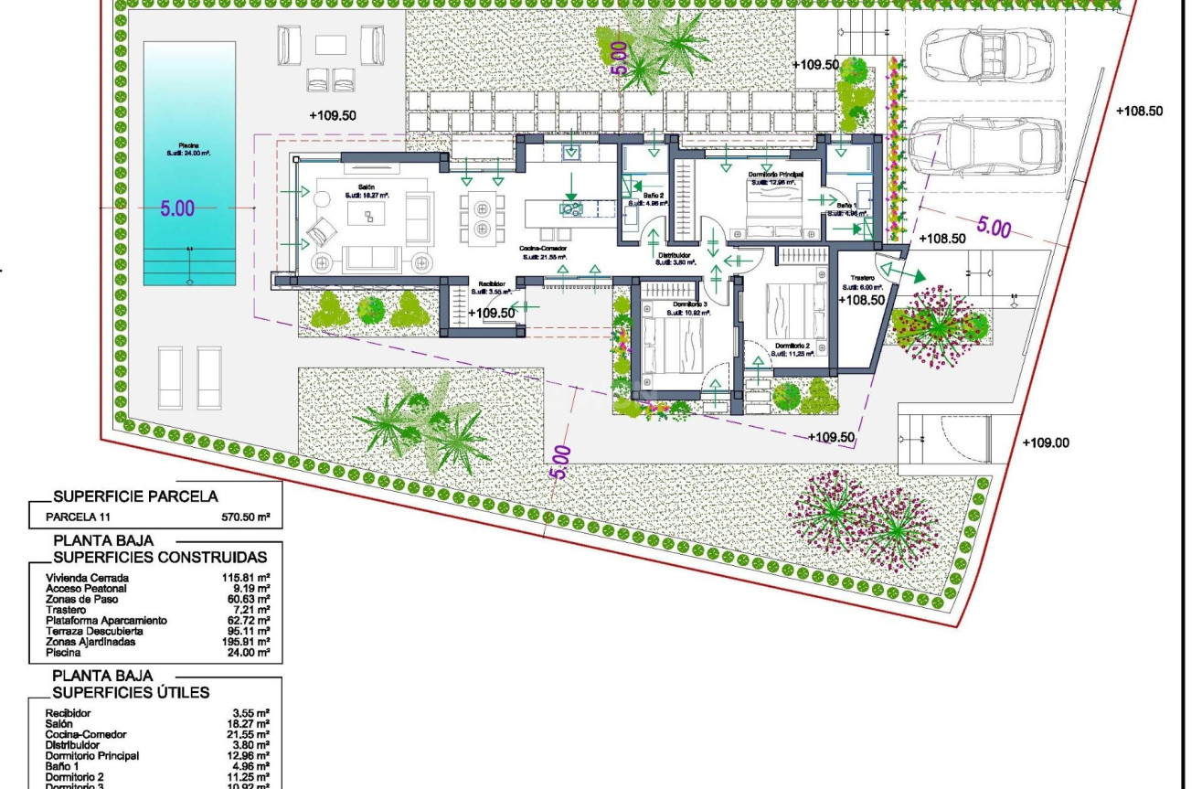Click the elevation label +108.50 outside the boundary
tap(1139, 111)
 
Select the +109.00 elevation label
tap(1046, 442)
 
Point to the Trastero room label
tap(862, 278)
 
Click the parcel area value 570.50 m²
tap(247, 517)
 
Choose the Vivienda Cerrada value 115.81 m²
tap(248, 578)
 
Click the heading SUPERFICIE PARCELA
tap(135, 496)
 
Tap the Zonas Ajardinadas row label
tap(90, 642)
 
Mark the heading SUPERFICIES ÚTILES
tap(131, 692)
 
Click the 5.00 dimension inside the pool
tap(177, 208)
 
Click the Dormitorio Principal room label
tap(775, 174)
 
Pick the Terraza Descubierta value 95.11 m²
tap(250, 631)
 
